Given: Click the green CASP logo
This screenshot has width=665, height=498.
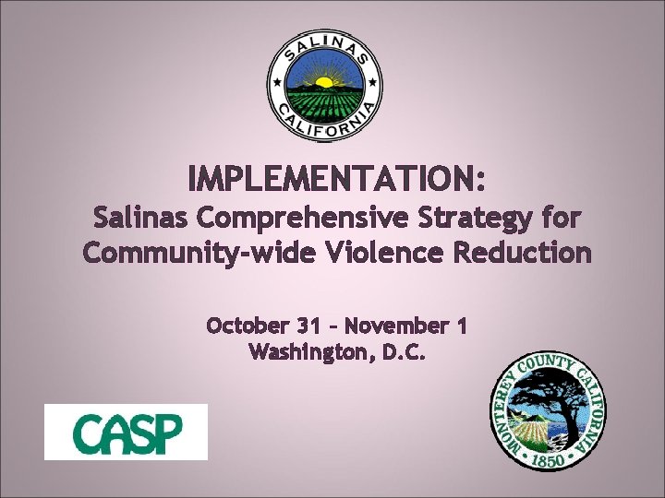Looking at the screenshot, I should pyautogui.click(x=127, y=432).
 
